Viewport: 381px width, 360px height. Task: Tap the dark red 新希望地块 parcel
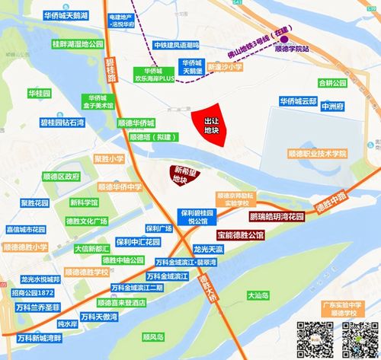coord(180,174)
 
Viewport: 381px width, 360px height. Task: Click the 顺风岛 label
coord(154,335)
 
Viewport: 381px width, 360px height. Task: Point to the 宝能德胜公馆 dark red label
coord(239,235)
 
